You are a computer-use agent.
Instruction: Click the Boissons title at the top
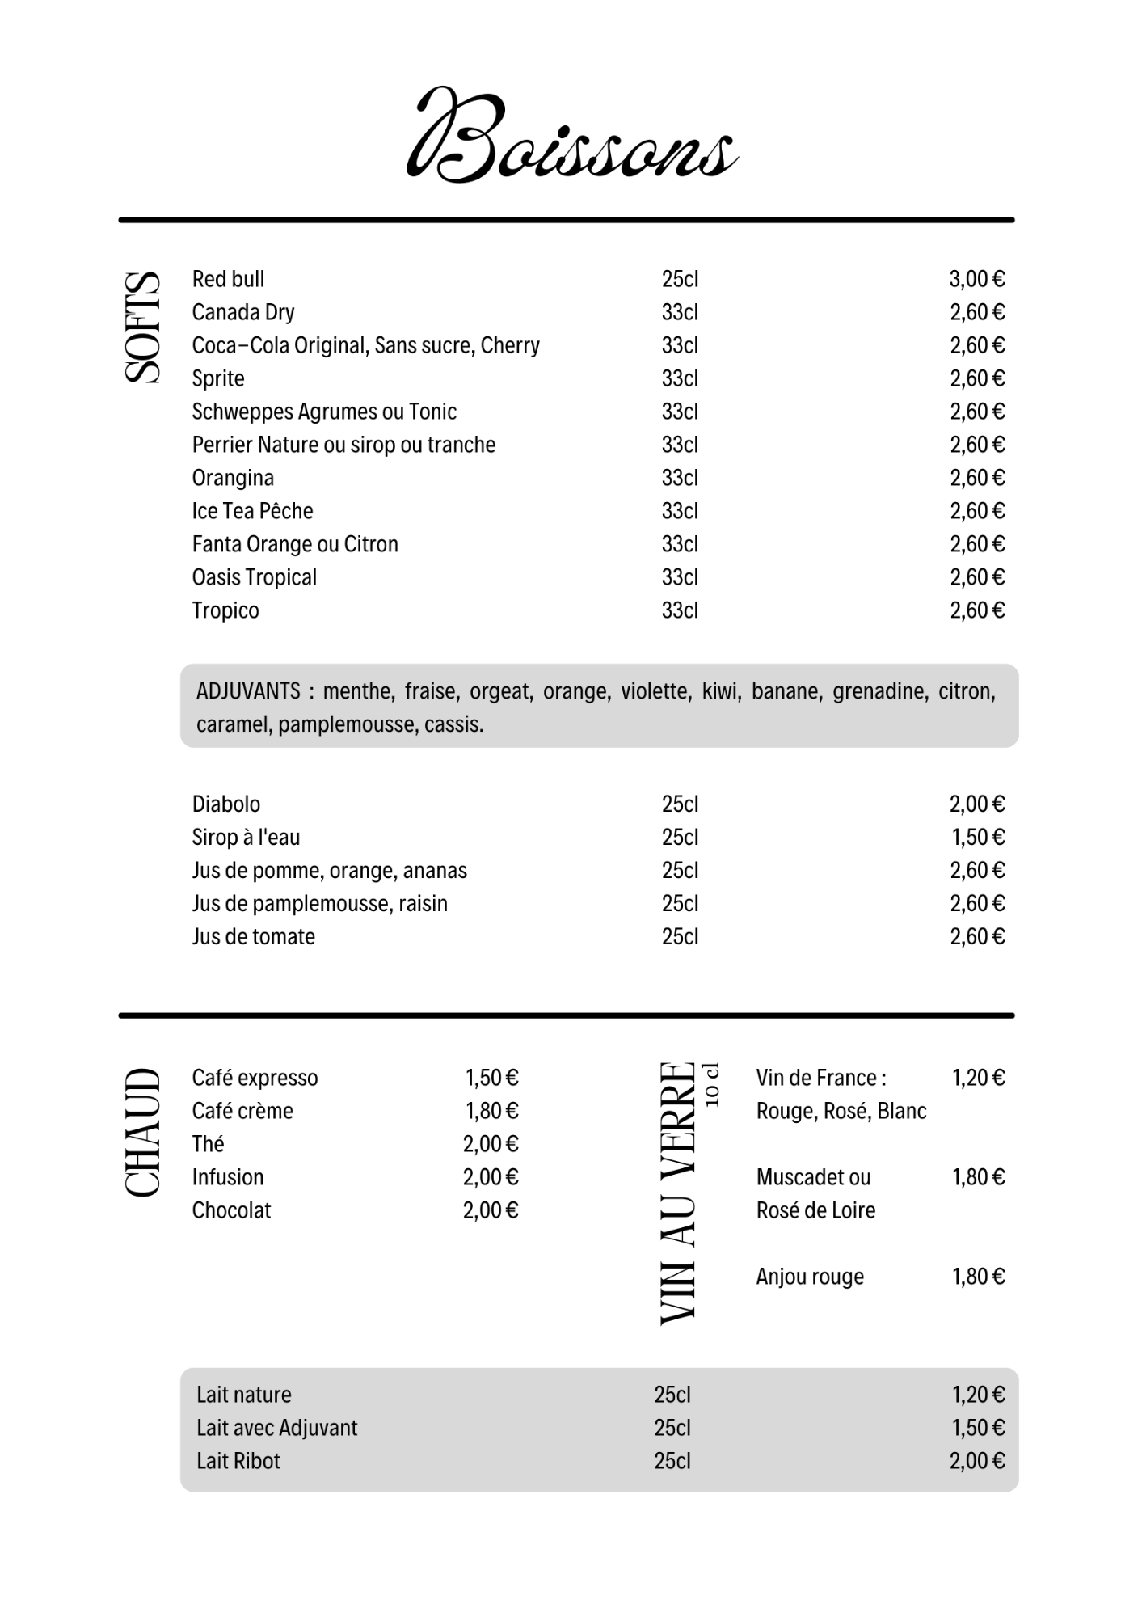point(571,135)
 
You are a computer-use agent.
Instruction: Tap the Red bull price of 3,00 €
point(976,279)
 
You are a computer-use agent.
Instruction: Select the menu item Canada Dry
point(242,312)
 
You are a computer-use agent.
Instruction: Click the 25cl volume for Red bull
point(680,279)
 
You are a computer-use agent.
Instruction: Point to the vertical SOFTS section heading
point(142,327)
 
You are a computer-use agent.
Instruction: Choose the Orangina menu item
point(233,478)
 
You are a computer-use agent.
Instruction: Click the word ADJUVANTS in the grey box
point(248,691)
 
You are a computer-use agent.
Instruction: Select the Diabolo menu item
point(225,804)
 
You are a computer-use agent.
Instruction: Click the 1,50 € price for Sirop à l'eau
point(977,838)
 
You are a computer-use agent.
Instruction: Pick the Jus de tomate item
point(253,937)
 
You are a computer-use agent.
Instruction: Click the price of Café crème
point(491,1111)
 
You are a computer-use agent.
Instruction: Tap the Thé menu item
point(208,1144)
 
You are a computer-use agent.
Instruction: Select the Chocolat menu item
point(231,1210)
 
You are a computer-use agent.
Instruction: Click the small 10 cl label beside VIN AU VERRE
point(711,1085)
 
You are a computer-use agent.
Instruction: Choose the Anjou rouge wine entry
point(810,1277)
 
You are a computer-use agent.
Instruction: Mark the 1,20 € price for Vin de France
point(978,1078)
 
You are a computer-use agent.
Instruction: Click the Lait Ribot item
point(238,1461)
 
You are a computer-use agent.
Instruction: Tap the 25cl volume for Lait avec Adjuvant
point(672,1428)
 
